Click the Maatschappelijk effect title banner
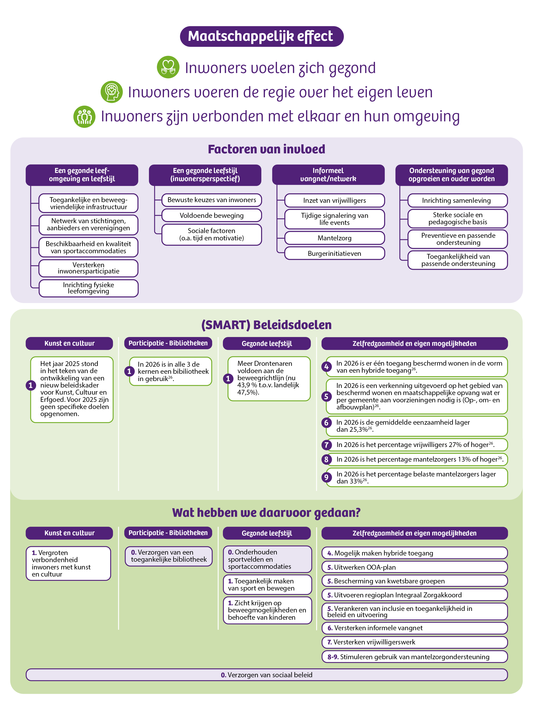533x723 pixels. click(x=262, y=37)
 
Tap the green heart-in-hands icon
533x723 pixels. click(x=168, y=67)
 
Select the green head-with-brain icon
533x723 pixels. click(x=112, y=92)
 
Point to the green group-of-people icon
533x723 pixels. click(x=84, y=116)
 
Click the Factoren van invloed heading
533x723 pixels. click(x=266, y=149)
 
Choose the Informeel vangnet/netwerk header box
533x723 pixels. click(x=328, y=175)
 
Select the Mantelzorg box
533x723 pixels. click(x=335, y=238)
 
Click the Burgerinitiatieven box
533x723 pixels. click(x=335, y=253)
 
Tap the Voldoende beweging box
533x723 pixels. click(x=212, y=215)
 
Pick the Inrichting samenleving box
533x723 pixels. click(x=458, y=200)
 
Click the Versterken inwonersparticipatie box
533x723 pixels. click(x=88, y=268)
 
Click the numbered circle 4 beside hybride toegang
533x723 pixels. click(x=326, y=367)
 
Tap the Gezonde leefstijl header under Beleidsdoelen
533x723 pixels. click(x=267, y=343)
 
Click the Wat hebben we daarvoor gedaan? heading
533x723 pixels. click(x=266, y=513)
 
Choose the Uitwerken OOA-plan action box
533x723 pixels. click(x=415, y=567)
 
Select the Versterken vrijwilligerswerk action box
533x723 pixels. click(x=415, y=642)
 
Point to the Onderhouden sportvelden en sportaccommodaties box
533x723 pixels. click(x=268, y=559)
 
